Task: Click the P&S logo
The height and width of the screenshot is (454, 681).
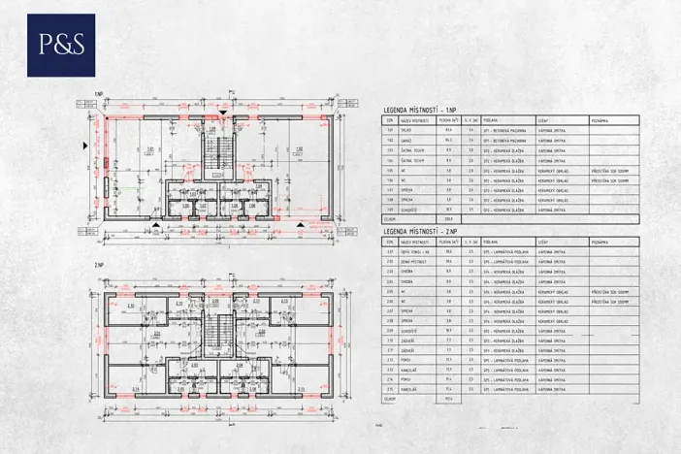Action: (61, 45)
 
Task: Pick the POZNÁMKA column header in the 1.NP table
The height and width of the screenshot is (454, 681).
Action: (599, 121)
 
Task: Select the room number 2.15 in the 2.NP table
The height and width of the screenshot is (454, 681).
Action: (391, 389)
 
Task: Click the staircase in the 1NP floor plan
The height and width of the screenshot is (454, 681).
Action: (222, 150)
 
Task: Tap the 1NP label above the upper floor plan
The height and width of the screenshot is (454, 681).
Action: (99, 93)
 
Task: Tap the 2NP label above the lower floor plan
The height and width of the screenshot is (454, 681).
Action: (99, 265)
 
